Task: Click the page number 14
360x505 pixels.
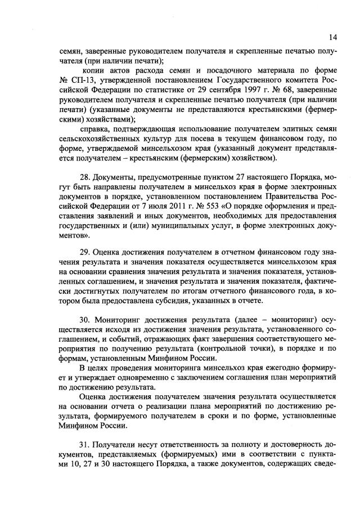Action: click(x=333, y=38)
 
